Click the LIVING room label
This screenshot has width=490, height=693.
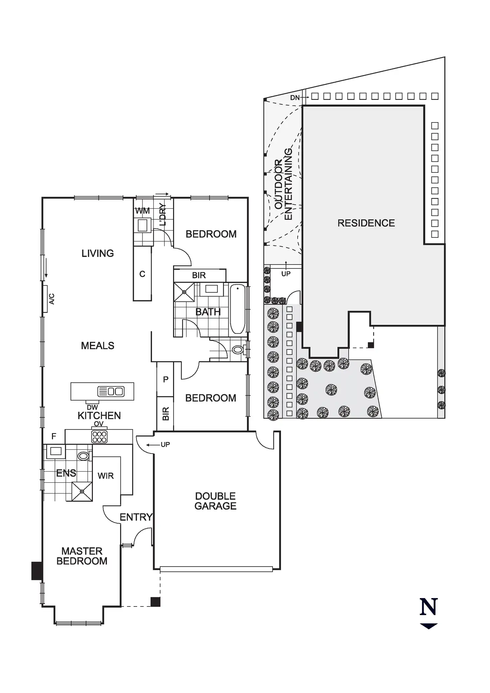click(x=98, y=253)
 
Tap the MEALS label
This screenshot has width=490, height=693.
click(x=98, y=346)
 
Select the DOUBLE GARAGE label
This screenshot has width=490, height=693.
click(x=215, y=501)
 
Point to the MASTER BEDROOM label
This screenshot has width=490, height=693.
click(x=82, y=556)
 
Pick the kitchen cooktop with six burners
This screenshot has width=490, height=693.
click(x=100, y=437)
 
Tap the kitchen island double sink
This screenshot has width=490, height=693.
click(x=111, y=391)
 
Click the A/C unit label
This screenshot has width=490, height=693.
click(x=52, y=299)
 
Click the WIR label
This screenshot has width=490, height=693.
click(x=106, y=476)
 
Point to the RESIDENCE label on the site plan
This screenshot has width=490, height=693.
click(x=366, y=223)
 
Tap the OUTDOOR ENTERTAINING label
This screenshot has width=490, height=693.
click(x=283, y=184)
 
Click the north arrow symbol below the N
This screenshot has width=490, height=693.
click(x=428, y=626)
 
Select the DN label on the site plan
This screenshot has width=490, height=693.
click(x=295, y=98)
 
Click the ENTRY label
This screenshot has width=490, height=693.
click(x=136, y=517)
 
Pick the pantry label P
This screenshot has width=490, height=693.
click(x=165, y=379)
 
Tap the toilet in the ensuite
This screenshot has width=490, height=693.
click(x=84, y=456)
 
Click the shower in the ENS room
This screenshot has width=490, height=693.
click(x=82, y=491)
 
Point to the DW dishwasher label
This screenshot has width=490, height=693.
click(x=92, y=407)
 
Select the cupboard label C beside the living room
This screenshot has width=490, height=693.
click(x=142, y=274)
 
